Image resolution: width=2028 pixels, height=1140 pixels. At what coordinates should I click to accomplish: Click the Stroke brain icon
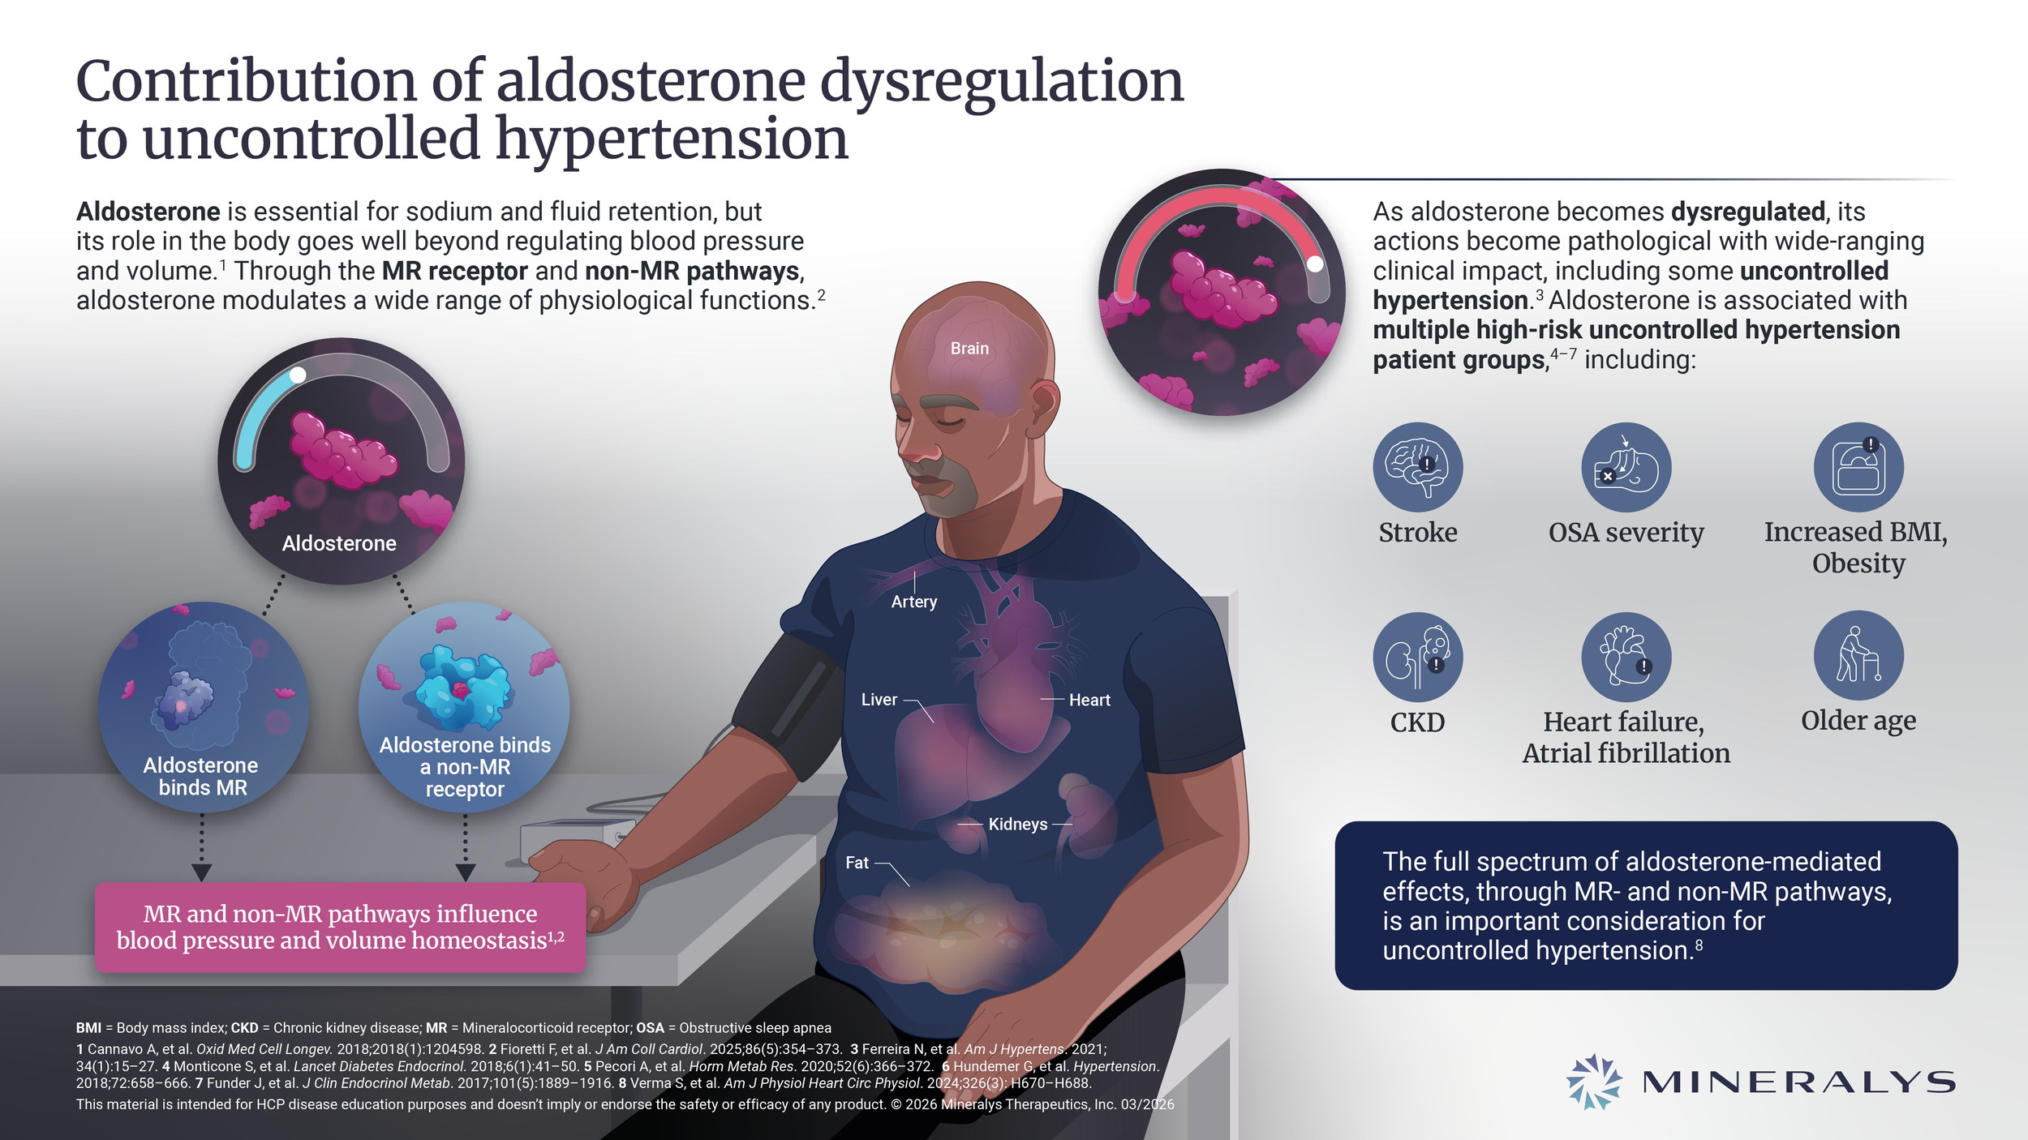pyautogui.click(x=1417, y=467)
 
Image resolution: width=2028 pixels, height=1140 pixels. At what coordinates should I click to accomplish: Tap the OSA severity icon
pyautogui.click(x=1626, y=467)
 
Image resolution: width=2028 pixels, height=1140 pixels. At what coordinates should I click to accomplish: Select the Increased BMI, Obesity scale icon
pyautogui.click(x=1858, y=467)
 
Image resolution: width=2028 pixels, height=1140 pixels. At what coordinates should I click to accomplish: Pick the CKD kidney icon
pyautogui.click(x=1417, y=657)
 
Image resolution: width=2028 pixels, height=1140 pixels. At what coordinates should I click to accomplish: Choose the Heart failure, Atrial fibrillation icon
pyautogui.click(x=1626, y=657)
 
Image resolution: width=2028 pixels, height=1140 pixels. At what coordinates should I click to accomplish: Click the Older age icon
pyautogui.click(x=1858, y=655)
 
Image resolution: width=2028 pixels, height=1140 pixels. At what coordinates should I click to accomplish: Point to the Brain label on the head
pyautogui.click(x=969, y=349)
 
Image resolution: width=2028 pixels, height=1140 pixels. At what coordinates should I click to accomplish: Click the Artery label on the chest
pyautogui.click(x=913, y=602)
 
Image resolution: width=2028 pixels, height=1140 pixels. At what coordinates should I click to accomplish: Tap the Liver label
pyautogui.click(x=879, y=700)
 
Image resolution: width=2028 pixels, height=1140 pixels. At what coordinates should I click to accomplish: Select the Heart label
pyautogui.click(x=1089, y=700)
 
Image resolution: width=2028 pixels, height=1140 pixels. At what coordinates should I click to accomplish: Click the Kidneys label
pyautogui.click(x=1017, y=825)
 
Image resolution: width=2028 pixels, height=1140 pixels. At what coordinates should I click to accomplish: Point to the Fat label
pyautogui.click(x=857, y=864)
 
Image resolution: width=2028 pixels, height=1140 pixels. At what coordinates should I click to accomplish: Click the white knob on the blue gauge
pyautogui.click(x=298, y=375)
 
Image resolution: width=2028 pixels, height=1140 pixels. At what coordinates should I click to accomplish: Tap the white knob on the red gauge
pyautogui.click(x=1315, y=264)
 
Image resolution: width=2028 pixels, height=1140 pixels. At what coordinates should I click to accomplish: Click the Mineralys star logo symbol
pyautogui.click(x=1593, y=1082)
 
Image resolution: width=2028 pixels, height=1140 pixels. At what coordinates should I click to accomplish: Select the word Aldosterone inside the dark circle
pyautogui.click(x=339, y=543)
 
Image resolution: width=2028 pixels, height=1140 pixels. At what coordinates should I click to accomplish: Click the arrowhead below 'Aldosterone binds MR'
pyautogui.click(x=202, y=872)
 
